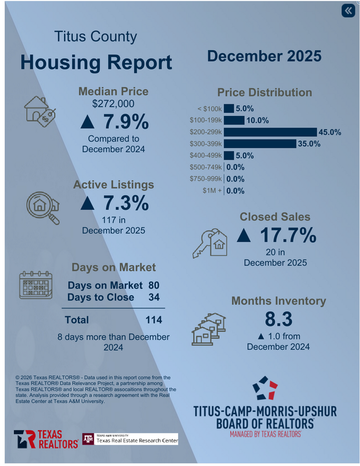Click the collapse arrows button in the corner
tap(348, 11)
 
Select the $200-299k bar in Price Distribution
tap(269, 132)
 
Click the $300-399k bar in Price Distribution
tap(259, 144)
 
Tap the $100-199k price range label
tap(205, 121)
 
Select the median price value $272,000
tap(114, 104)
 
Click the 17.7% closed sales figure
tap(277, 235)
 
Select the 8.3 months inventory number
tap(278, 320)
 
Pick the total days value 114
tap(154, 320)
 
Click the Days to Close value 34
tap(154, 298)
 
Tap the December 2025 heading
tap(264, 57)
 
